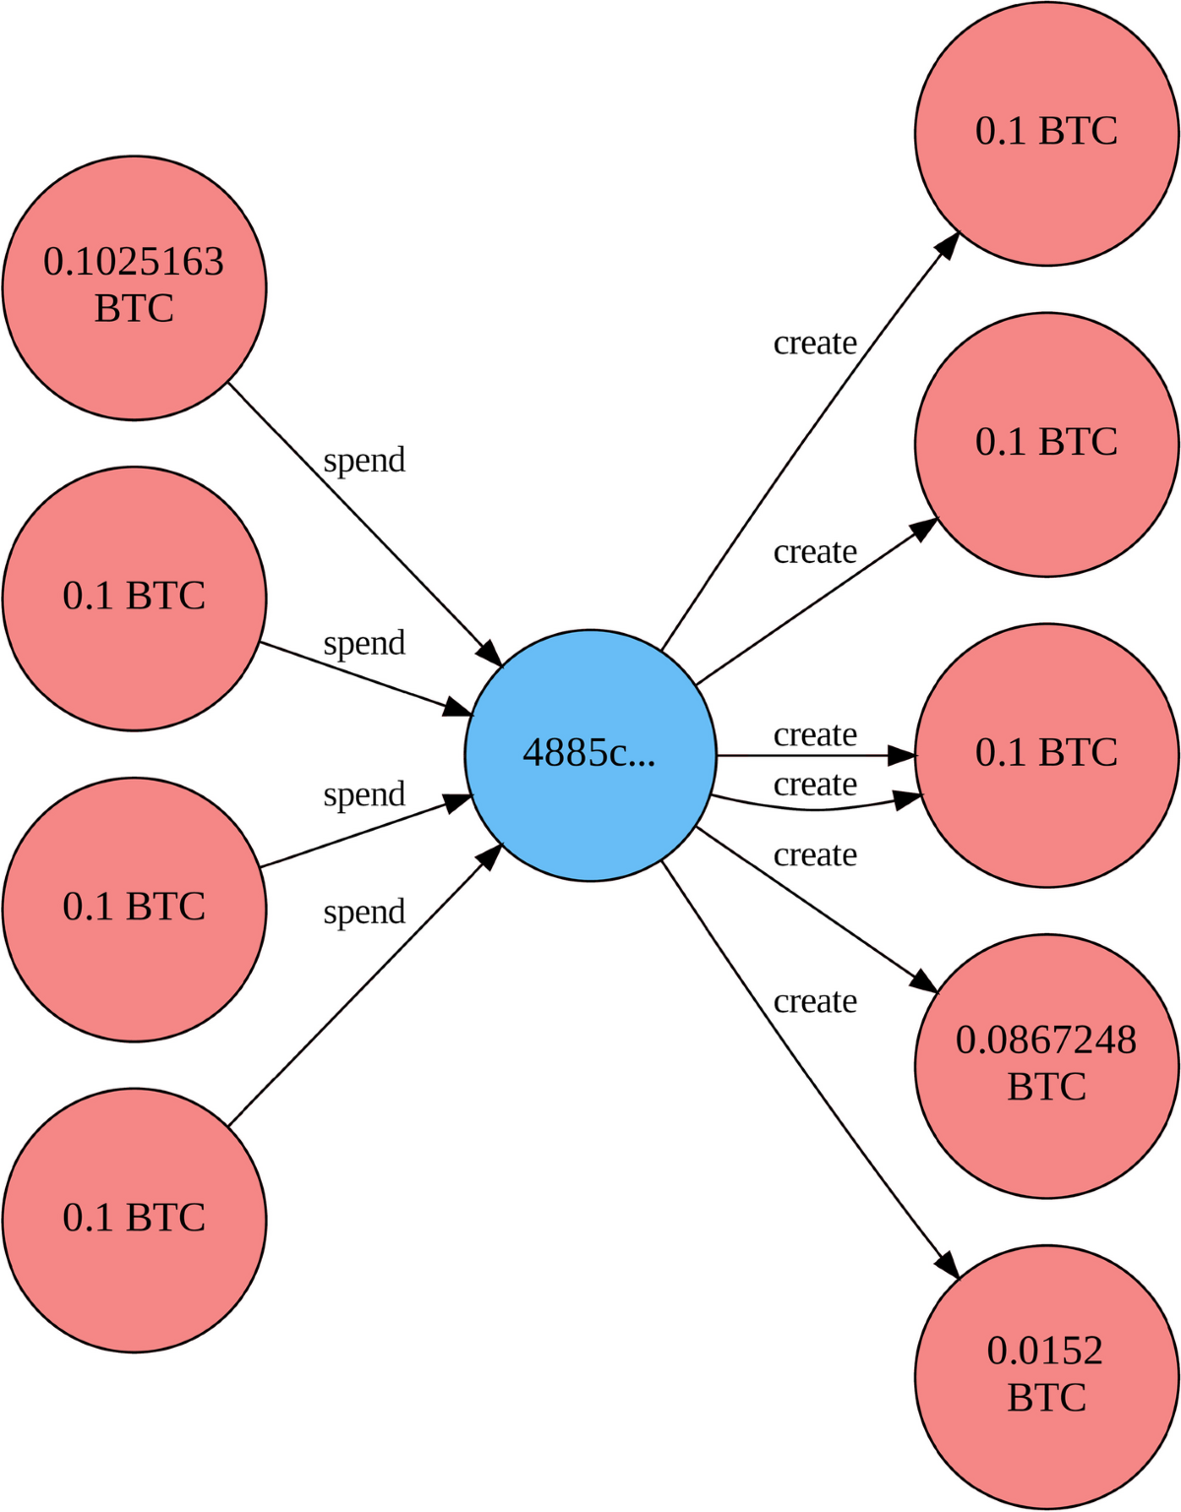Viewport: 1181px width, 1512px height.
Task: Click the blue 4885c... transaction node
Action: click(590, 755)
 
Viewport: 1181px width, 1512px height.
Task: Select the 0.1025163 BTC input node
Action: click(134, 287)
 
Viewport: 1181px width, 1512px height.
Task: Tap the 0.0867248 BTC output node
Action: click(1046, 1065)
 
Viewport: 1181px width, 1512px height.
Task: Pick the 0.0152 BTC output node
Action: click(1046, 1376)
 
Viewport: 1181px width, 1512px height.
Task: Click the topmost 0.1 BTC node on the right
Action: click(1046, 133)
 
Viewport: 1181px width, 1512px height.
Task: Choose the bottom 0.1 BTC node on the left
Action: click(134, 1219)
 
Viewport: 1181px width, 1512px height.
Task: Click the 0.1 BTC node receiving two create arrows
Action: click(1046, 755)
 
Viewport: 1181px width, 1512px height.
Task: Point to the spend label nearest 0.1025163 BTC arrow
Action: click(364, 461)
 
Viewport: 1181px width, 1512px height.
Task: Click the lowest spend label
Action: click(364, 913)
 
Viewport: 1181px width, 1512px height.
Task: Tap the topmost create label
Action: click(815, 344)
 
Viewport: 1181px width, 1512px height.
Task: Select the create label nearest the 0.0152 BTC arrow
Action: click(815, 1001)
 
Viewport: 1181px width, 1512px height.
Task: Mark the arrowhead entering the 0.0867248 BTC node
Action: click(925, 981)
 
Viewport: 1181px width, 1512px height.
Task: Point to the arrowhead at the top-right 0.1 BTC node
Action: click(948, 244)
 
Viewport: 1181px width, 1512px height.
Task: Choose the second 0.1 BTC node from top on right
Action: click(1046, 444)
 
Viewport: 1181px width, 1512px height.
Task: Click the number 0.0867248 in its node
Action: click(1046, 1040)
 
